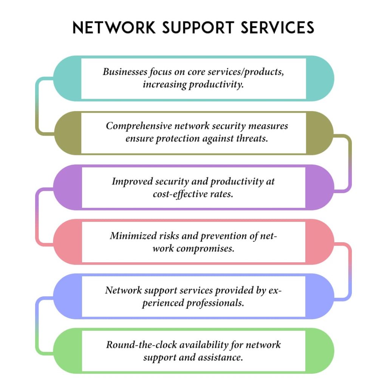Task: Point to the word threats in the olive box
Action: click(254, 138)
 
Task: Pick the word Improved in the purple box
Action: click(132, 181)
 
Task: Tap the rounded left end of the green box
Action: click(67, 351)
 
